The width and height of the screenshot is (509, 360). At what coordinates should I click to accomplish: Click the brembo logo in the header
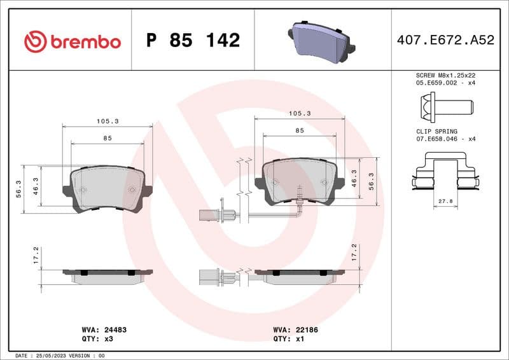point(72,41)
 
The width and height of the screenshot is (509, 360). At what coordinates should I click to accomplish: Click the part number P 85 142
point(193,41)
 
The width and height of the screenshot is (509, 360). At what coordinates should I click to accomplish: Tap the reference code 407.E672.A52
point(445,41)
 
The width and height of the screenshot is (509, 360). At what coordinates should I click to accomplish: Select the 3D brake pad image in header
point(322,39)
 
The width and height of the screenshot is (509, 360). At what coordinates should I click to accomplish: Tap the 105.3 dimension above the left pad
point(108,121)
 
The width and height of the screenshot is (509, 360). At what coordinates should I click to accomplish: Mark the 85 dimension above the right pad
point(300,130)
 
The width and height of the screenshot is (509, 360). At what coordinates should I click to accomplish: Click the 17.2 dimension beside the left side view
point(36,255)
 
